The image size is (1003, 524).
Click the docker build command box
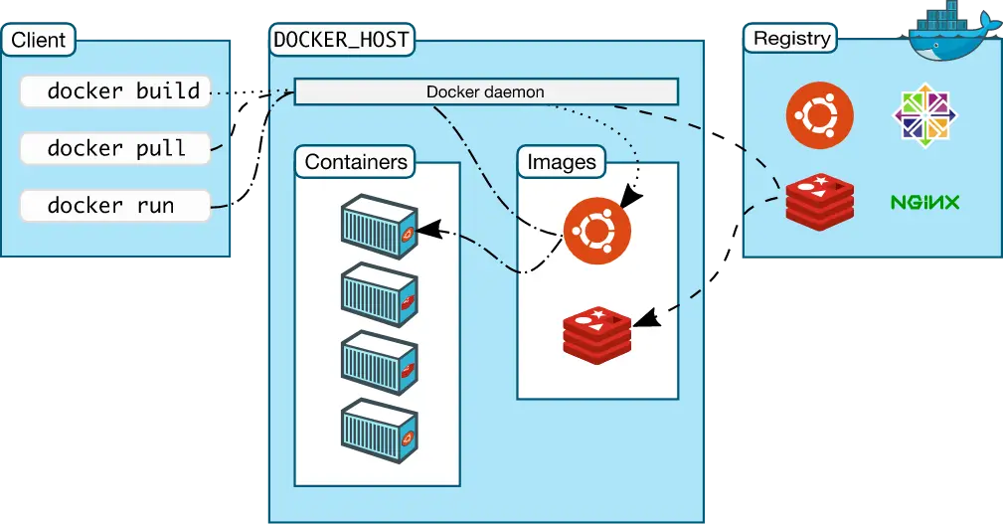[115, 91]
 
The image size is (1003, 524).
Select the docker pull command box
[115, 149]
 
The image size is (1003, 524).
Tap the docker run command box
[115, 206]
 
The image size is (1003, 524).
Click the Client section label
[39, 40]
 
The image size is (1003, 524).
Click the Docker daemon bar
[485, 91]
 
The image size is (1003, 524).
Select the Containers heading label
[356, 162]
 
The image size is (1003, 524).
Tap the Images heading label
[562, 162]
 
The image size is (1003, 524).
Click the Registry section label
[791, 39]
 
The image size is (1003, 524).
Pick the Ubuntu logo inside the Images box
[595, 231]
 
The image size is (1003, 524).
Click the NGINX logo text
[924, 203]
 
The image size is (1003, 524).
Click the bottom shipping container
[378, 430]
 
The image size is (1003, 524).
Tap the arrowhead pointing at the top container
[427, 231]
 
